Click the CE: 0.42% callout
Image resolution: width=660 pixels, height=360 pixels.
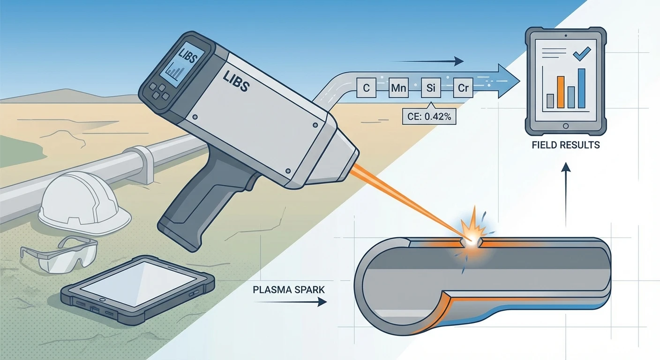[429, 117]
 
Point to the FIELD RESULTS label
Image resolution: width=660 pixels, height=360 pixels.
[566, 145]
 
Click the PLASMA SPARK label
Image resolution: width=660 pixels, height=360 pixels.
[289, 289]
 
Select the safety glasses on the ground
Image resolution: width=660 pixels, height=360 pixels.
[59, 255]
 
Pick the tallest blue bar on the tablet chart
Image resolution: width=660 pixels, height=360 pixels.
[582, 88]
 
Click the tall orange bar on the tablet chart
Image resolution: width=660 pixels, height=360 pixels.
[561, 92]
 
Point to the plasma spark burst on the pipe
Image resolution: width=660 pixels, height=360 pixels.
[471, 232]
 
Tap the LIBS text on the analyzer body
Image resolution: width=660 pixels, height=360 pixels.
[237, 83]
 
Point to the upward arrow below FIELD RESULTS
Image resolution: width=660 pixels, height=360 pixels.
[566, 193]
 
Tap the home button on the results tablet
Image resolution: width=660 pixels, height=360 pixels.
[566, 126]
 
